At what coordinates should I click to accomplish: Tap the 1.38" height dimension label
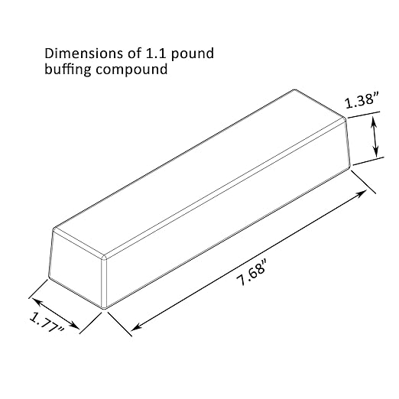[x=360, y=102]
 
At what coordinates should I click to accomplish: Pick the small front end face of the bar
[x=76, y=271]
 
